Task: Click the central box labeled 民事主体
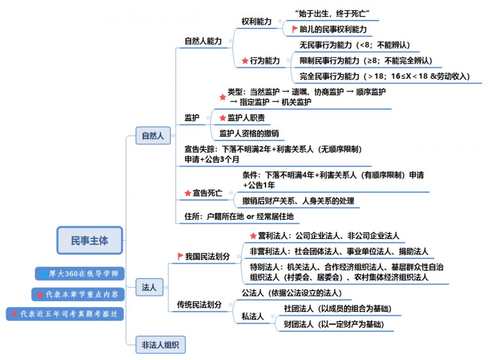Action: [x=90, y=240]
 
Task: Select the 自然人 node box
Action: [x=153, y=135]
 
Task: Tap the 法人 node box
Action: [x=149, y=287]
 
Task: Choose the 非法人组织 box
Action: [x=160, y=345]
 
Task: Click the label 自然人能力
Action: [x=203, y=41]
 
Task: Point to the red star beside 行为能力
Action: [x=245, y=61]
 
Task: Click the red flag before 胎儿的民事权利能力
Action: [x=294, y=29]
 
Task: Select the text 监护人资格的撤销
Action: [x=249, y=134]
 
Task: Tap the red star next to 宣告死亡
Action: [x=188, y=193]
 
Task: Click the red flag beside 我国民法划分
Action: [x=180, y=256]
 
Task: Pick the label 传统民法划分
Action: [x=199, y=304]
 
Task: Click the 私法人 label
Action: [x=253, y=317]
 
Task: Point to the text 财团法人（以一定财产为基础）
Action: [x=334, y=324]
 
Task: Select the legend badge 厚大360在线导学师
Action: [x=80, y=274]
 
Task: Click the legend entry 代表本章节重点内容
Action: [x=78, y=294]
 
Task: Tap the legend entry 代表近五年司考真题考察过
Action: [x=65, y=314]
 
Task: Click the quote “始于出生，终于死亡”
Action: [x=332, y=14]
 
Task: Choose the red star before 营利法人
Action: [x=253, y=236]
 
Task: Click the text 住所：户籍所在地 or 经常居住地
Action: [x=239, y=216]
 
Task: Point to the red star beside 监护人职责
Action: [x=223, y=118]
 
